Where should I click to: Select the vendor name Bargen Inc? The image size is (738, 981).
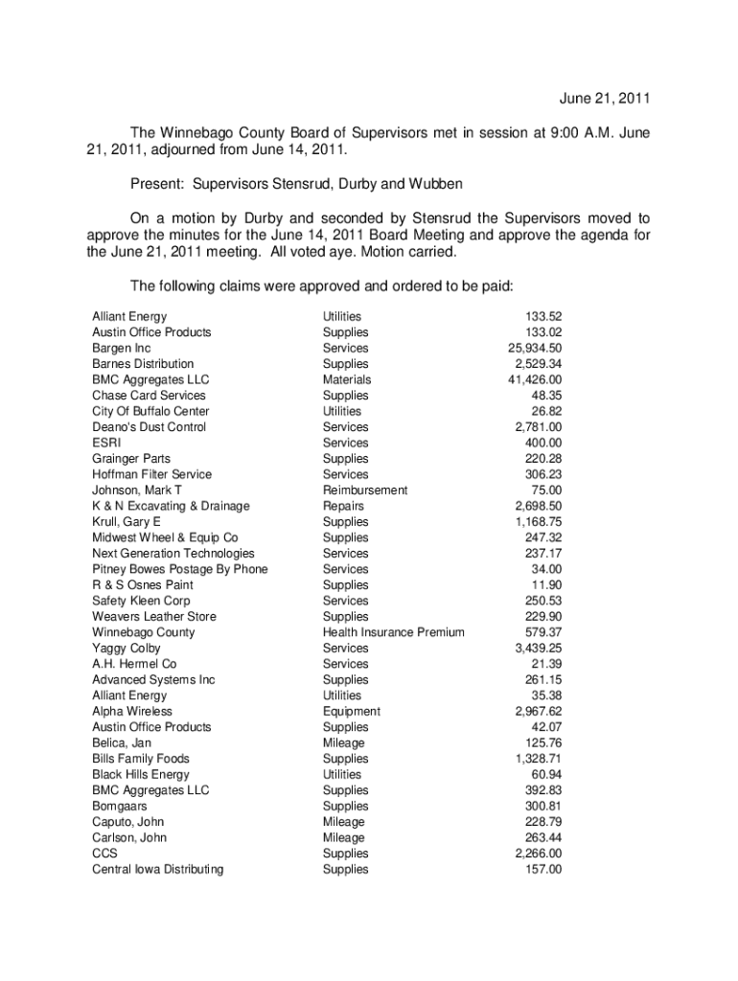coord(122,348)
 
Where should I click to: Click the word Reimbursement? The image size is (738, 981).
coord(365,490)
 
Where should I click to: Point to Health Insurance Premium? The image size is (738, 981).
coord(394,632)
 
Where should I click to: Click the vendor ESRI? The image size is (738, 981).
coord(106,443)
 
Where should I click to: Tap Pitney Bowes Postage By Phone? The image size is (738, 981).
coord(180,569)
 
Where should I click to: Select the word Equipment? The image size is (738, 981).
coord(352,712)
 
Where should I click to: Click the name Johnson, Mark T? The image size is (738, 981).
coord(137,490)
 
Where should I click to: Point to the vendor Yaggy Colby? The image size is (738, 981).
coord(127,649)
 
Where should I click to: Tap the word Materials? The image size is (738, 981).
coord(347,379)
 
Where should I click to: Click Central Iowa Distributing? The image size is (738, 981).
coord(158,870)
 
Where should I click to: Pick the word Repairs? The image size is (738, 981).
coord(343,506)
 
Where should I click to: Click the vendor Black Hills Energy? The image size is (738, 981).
coord(141,775)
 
